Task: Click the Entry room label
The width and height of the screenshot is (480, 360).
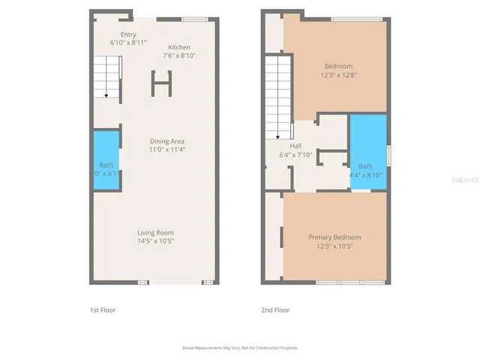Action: [128, 34]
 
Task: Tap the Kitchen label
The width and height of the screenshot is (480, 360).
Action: [179, 46]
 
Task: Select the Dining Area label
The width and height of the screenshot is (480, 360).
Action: [166, 141]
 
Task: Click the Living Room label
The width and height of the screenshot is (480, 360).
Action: [155, 232]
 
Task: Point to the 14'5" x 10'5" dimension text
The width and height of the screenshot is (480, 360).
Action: [155, 241]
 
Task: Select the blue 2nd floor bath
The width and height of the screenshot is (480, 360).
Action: [368, 149]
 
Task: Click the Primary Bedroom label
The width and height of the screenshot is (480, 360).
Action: [334, 238]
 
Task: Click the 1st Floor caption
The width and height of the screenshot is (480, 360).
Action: [103, 310]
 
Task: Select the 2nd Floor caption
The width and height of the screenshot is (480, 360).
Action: [275, 310]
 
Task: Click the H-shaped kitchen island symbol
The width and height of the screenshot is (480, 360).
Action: [160, 83]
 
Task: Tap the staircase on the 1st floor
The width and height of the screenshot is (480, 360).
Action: [107, 78]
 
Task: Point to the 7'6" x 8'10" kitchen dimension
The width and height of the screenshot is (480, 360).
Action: [180, 55]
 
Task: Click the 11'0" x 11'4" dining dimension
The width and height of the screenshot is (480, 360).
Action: [166, 149]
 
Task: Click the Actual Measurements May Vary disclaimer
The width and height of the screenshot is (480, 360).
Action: [240, 348]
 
